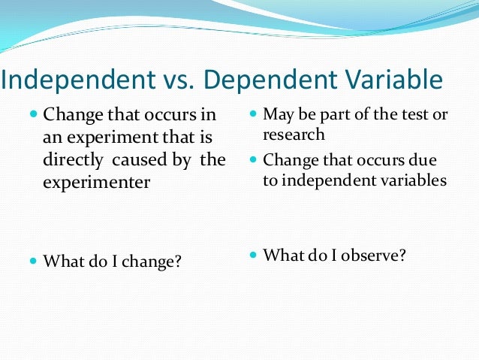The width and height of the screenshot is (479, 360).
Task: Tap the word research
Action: [294, 135]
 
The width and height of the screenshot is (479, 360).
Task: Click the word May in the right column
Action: [277, 115]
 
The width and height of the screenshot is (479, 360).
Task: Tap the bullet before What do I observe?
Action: [252, 256]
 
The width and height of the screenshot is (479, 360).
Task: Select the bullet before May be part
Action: [252, 115]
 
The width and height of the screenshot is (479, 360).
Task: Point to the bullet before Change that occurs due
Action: [252, 160]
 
